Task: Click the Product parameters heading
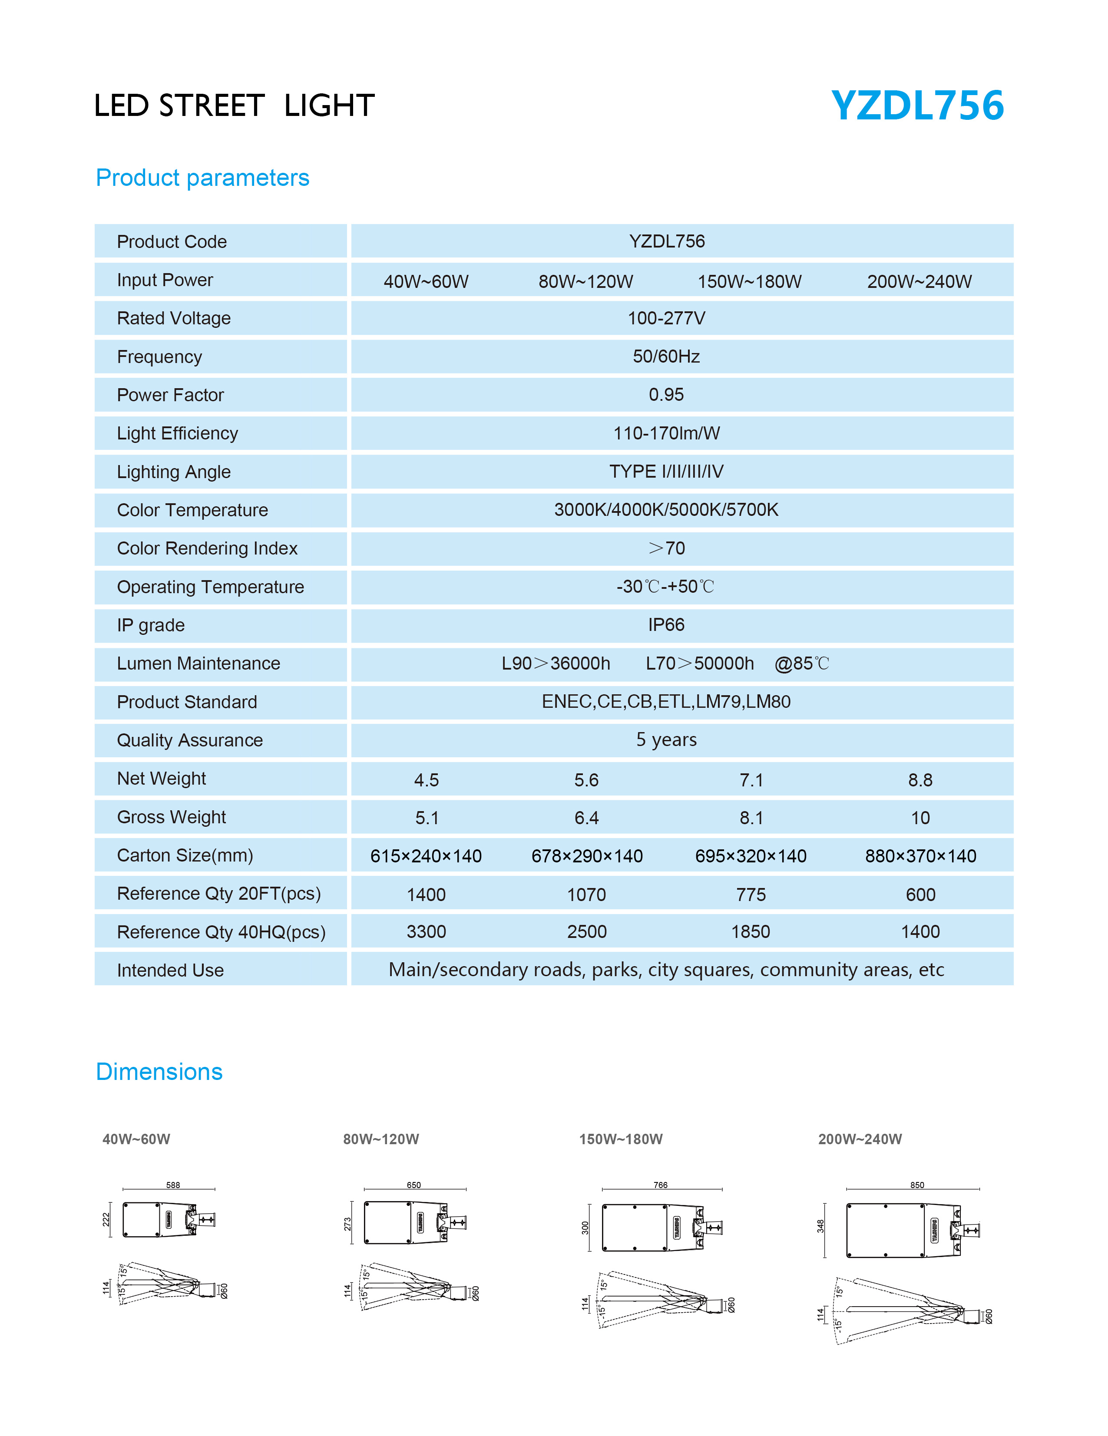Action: pos(202,178)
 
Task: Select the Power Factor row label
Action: pos(170,395)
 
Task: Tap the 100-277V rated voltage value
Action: pos(666,318)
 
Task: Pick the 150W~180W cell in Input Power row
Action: pos(749,281)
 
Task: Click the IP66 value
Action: pos(666,624)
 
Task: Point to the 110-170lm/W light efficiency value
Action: pos(666,433)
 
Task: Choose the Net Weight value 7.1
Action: pos(751,780)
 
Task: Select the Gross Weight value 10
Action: pos(920,818)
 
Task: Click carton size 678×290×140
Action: pos(586,856)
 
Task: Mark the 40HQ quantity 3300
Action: pos(426,932)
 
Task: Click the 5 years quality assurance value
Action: pos(666,739)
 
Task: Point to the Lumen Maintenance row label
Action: pos(198,664)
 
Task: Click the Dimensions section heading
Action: pos(159,1072)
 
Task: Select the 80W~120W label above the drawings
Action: pos(381,1139)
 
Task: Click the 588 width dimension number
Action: pos(173,1185)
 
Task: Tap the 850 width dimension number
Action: pos(916,1185)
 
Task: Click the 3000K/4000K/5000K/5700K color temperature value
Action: pos(666,510)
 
